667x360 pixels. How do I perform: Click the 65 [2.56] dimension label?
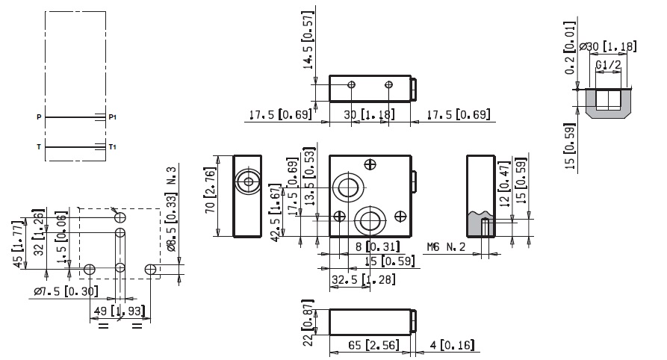(x=372, y=346)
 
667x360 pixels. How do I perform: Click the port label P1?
(x=113, y=117)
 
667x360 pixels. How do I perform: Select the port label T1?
(x=113, y=147)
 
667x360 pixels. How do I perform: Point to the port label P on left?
(x=37, y=117)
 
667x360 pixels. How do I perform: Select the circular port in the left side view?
(x=246, y=181)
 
